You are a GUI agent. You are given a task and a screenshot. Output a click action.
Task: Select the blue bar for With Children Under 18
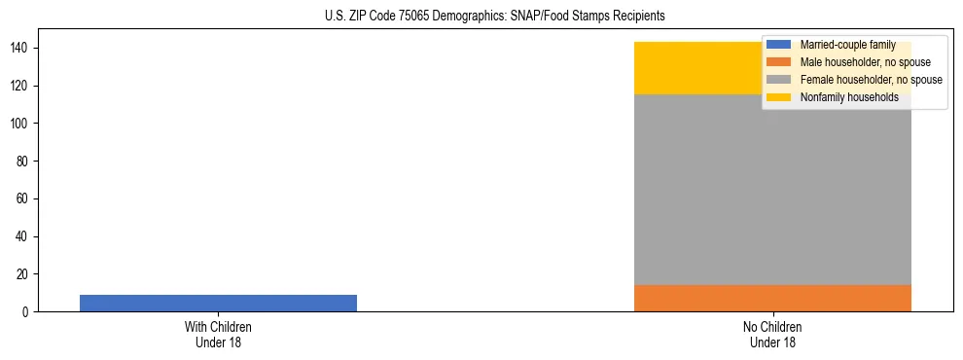click(218, 303)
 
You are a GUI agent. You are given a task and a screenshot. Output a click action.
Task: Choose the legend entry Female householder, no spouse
click(871, 80)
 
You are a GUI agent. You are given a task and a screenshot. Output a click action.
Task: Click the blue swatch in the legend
click(779, 45)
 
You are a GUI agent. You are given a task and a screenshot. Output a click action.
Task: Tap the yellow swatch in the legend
click(779, 97)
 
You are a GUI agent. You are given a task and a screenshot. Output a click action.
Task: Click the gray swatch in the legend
click(779, 80)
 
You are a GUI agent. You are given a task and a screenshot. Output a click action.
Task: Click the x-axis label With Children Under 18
click(218, 335)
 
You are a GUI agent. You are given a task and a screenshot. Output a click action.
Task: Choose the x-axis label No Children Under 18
click(772, 335)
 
